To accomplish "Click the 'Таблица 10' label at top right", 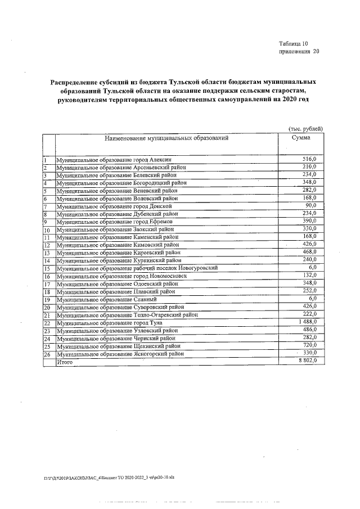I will point(294,44).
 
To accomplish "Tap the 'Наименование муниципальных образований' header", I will point(165,138).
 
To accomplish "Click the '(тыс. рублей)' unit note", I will point(305,128).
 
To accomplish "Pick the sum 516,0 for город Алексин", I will point(310,160).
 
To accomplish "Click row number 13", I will point(47,253).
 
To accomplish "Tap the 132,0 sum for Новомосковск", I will point(310,274).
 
